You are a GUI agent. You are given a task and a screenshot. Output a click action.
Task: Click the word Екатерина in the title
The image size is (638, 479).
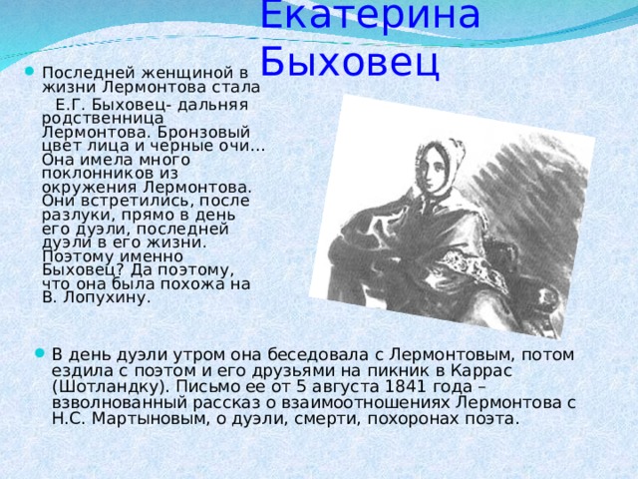[x=369, y=14]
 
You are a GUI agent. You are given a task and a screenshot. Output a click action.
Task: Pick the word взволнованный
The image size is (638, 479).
[x=117, y=402]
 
